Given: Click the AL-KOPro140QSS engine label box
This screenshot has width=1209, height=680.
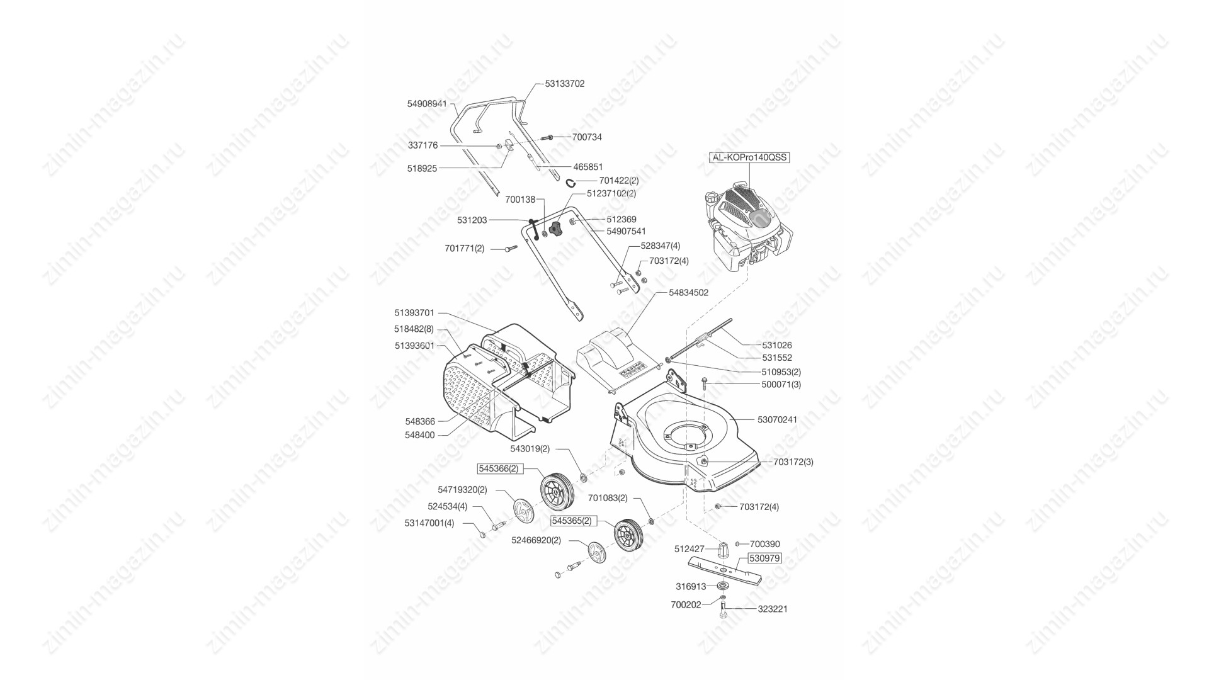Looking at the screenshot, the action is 749,157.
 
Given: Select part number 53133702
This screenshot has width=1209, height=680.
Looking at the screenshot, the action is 565,84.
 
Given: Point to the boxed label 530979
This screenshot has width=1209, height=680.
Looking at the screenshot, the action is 764,558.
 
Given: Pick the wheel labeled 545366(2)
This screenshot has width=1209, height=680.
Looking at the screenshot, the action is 557,492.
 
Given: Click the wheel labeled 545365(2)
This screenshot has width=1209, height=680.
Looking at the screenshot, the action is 627,535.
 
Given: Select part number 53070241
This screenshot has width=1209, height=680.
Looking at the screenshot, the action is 777,420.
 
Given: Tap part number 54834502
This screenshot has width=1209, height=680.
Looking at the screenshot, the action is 688,293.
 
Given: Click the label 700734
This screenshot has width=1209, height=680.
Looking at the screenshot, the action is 587,137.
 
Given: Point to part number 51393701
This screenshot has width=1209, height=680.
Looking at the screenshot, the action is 414,313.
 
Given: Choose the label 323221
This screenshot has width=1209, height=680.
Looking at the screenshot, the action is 772,609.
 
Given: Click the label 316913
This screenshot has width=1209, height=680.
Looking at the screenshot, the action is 691,586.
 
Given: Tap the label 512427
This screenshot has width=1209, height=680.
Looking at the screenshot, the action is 690,549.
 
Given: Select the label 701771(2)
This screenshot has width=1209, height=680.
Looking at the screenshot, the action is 465,249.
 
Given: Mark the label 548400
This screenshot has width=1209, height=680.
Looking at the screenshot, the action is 420,435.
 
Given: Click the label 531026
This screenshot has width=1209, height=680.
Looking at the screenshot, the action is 777,345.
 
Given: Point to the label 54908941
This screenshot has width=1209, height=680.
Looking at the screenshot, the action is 427,104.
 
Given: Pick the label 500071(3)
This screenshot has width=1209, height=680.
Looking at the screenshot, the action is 781,384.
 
